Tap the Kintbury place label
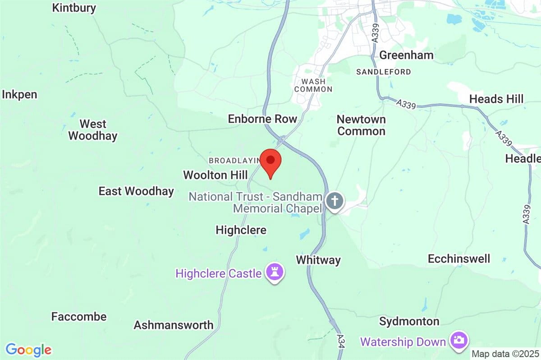click(74, 8)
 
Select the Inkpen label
click(19, 95)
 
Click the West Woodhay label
click(92, 129)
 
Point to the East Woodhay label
click(136, 191)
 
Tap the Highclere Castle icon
click(274, 272)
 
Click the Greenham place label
click(406, 55)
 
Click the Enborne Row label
click(262, 119)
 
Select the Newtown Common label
click(361, 125)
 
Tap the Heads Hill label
click(496, 99)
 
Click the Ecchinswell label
click(459, 259)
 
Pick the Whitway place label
click(318, 260)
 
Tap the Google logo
click(28, 350)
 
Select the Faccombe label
click(79, 317)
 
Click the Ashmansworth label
click(173, 325)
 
